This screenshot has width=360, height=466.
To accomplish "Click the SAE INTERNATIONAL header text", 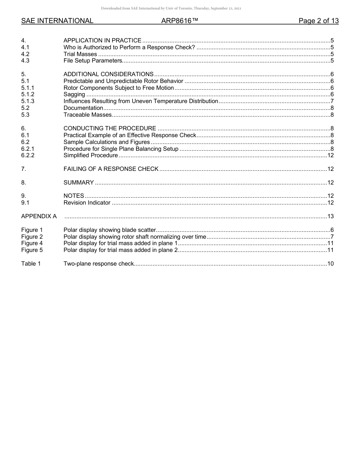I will point(57,21).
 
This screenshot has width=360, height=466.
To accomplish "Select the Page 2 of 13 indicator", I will point(318,21).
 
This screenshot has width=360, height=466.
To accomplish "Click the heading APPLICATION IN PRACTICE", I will point(102,41).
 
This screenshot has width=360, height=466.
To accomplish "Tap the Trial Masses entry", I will point(80,54).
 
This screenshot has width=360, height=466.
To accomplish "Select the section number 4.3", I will point(25,61).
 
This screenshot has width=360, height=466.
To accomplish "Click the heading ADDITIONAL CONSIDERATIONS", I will point(108,74).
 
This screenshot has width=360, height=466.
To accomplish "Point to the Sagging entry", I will point(74,94).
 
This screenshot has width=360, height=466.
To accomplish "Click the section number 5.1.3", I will point(28,101).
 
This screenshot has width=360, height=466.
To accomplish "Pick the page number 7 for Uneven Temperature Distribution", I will point(332,101).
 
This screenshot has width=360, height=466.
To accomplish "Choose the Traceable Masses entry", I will point(88,115).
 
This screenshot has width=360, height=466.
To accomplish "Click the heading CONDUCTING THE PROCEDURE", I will point(110,128).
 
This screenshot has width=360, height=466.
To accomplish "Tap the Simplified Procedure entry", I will point(91,155).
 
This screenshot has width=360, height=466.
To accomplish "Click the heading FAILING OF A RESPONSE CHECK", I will point(111,169).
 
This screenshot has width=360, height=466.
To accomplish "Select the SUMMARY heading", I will point(78,183).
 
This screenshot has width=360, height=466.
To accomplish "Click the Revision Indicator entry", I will point(87,203).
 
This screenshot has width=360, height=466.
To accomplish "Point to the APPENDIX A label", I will point(39,216).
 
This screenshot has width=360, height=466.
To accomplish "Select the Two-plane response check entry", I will point(99,264).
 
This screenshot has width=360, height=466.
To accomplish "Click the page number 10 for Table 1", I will point(330,264).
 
